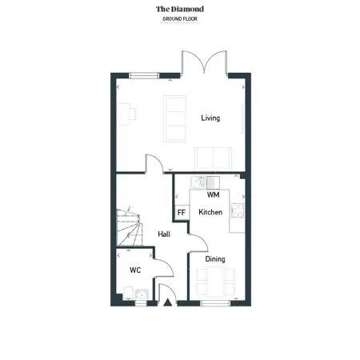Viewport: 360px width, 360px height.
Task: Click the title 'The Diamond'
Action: coord(180,9)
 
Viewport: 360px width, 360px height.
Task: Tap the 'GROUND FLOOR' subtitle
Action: coord(180,19)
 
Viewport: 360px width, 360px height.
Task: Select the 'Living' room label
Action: coord(210,118)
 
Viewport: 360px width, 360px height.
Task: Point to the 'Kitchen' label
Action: coord(210,212)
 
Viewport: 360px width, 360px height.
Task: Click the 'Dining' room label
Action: coord(215,259)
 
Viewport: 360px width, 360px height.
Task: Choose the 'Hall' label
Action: coord(164,234)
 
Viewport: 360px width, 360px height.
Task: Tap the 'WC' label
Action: coord(135,270)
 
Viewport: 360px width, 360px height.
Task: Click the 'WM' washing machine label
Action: coord(214,195)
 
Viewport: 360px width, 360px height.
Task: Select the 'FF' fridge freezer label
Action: coord(182,213)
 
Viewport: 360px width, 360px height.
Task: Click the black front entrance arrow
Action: coord(167,302)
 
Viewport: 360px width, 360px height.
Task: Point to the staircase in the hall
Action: coord(129,227)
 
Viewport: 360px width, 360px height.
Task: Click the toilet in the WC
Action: coord(128,293)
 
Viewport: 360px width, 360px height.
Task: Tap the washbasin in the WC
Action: coord(142,294)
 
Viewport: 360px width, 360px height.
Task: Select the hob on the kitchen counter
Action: coord(237,210)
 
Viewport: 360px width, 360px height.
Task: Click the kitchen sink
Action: coord(198,182)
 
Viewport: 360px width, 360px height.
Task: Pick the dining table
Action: coord(215,282)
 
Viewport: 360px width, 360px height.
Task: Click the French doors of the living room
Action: coord(205,62)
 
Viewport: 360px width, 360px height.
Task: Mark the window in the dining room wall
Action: coord(215,303)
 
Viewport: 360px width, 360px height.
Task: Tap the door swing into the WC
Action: coord(164,267)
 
